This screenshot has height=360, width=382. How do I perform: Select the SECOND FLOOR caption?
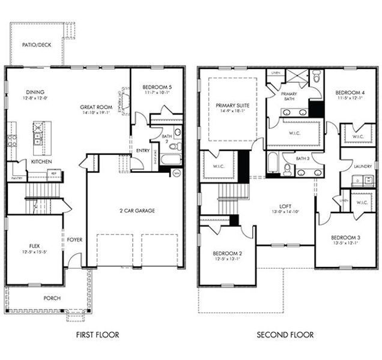tap(285, 335)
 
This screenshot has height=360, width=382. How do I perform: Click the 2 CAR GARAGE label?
tap(136, 211)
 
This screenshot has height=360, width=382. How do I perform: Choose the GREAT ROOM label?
tap(96, 108)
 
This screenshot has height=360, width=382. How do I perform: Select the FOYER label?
tap(74, 240)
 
